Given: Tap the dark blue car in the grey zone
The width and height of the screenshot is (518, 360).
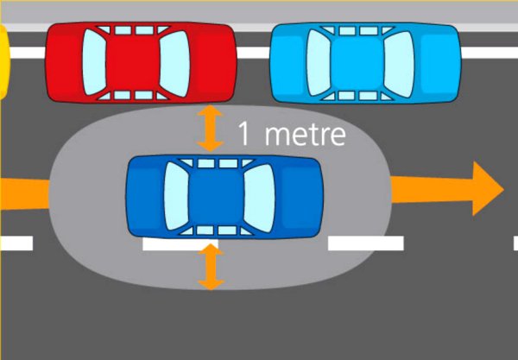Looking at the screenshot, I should [224, 197].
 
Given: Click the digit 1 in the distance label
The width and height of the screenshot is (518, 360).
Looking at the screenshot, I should [244, 135].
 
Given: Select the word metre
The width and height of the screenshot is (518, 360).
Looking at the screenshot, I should [305, 135].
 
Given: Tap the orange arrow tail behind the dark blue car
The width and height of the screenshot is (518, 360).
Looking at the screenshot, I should [22, 193].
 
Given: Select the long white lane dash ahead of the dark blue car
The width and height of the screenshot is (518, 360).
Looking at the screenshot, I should [365, 243].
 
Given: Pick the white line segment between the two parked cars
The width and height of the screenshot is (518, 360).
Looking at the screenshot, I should [253, 53].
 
